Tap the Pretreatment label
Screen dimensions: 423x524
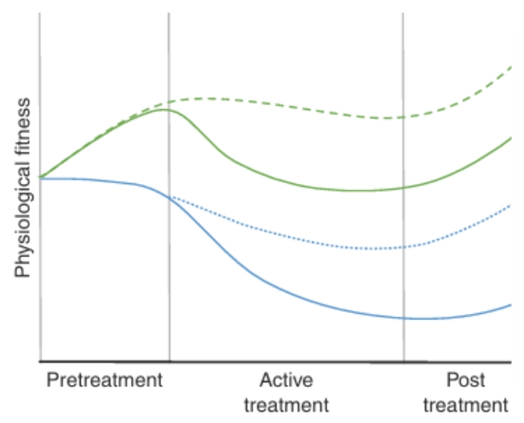[104, 380]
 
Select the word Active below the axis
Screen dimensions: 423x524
[286, 380]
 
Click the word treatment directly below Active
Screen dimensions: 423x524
[286, 406]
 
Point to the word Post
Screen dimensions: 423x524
[465, 380]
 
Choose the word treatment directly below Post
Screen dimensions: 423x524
[465, 406]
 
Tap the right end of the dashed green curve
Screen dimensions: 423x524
[511, 67]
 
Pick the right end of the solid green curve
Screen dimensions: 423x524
[511, 138]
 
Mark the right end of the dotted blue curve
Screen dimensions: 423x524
[511, 205]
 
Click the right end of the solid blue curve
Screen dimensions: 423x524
[511, 304]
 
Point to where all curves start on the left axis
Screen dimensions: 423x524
[40, 178]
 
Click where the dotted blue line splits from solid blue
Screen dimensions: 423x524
[170, 197]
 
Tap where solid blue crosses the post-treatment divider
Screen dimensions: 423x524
[403, 318]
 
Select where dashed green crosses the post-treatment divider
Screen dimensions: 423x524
[403, 117]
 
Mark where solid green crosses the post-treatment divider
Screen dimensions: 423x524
[403, 188]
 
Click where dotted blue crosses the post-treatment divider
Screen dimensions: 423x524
[403, 247]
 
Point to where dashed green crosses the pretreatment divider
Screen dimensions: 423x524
[169, 102]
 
